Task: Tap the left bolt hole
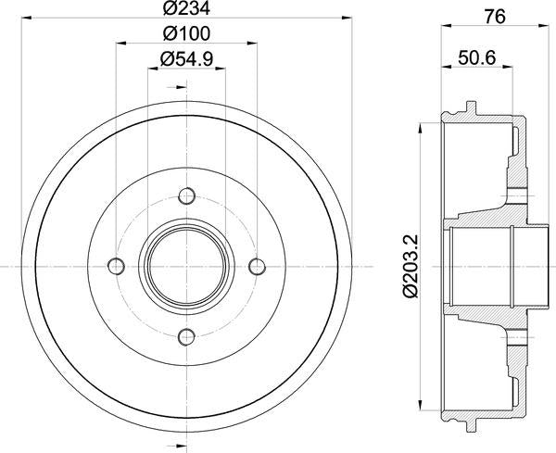pyautogui.click(x=115, y=266)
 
